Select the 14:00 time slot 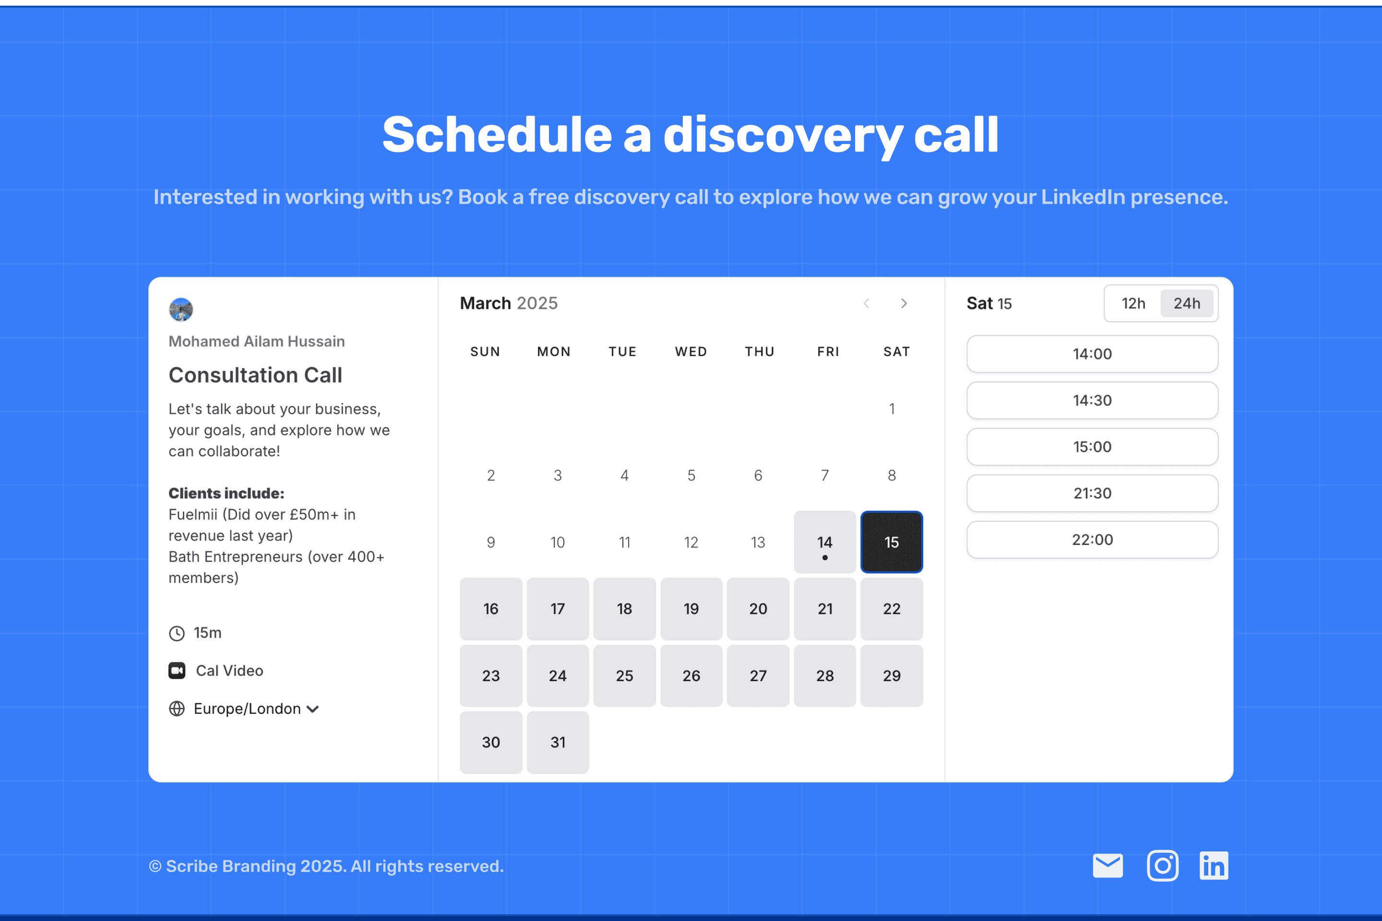tap(1092, 354)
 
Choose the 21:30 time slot tap(1092, 493)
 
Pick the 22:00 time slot tap(1092, 539)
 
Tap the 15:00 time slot tap(1092, 447)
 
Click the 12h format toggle tap(1133, 303)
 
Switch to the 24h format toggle tap(1186, 303)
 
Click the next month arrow tap(904, 303)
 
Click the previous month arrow tap(866, 303)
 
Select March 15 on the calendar tap(892, 542)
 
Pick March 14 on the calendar tap(824, 542)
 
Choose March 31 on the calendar tap(558, 742)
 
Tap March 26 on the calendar tap(691, 675)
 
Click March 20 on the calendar tap(758, 609)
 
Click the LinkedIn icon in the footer tap(1214, 866)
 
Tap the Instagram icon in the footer tap(1162, 866)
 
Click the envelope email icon tap(1108, 866)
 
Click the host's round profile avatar tap(181, 309)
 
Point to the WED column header tap(691, 351)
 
